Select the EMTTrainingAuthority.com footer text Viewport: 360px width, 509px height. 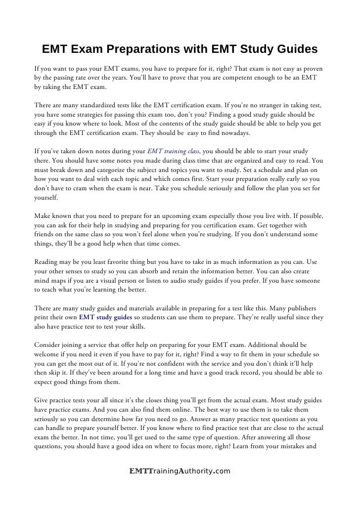tap(180, 471)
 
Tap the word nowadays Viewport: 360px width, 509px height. tap(235, 133)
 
